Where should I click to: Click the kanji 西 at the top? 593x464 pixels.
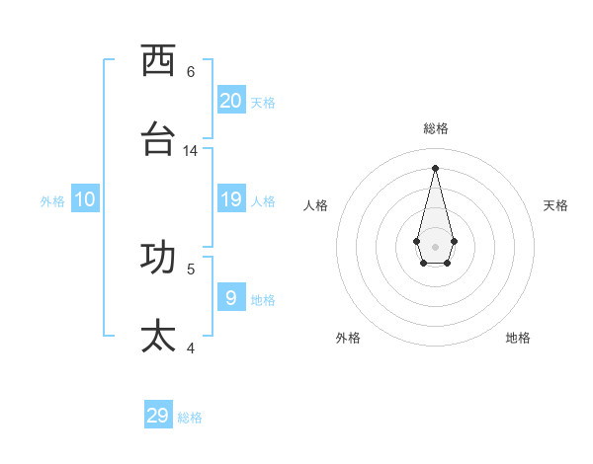(x=158, y=61)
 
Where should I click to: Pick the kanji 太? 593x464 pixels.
(x=158, y=336)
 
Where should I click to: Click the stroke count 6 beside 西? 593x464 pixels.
(x=191, y=71)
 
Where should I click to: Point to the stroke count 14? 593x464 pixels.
(x=191, y=151)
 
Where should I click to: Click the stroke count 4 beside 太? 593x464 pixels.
(x=191, y=348)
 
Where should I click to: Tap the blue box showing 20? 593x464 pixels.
(x=231, y=101)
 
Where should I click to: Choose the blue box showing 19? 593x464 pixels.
(x=231, y=199)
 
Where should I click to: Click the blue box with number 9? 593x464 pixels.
(x=231, y=297)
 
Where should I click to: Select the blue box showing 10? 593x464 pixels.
(x=85, y=199)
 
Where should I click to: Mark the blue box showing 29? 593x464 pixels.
(x=158, y=416)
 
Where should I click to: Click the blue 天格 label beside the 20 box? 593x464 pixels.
(x=263, y=103)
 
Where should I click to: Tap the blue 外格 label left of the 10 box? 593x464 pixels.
(x=52, y=201)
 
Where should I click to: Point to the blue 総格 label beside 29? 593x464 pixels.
(x=190, y=418)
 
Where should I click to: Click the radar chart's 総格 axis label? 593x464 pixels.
(x=435, y=129)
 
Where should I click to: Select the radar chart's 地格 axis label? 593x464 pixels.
(x=518, y=338)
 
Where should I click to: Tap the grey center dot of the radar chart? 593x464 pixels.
(x=435, y=246)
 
